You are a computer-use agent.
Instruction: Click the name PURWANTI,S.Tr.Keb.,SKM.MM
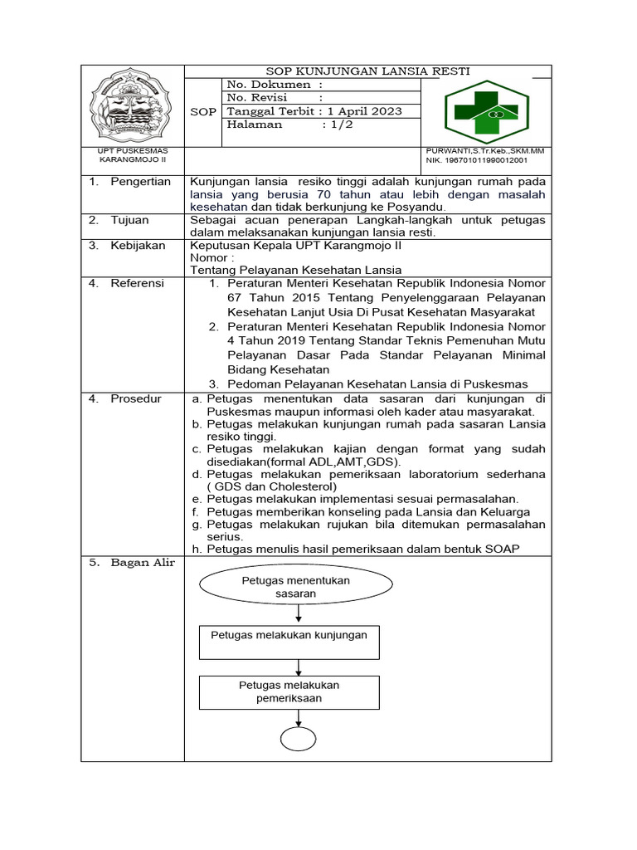485,150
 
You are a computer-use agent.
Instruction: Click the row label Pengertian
140,182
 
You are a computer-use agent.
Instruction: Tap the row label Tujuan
129,220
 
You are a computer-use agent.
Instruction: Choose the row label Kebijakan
138,246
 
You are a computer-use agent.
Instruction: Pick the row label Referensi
137,283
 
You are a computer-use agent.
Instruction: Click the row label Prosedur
136,399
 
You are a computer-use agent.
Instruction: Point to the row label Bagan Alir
143,563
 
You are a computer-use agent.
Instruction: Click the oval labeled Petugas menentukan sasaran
295,588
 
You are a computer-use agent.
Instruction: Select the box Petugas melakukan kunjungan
289,635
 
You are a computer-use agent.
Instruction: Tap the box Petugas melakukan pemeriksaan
289,691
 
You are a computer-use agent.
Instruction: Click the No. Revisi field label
256,98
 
